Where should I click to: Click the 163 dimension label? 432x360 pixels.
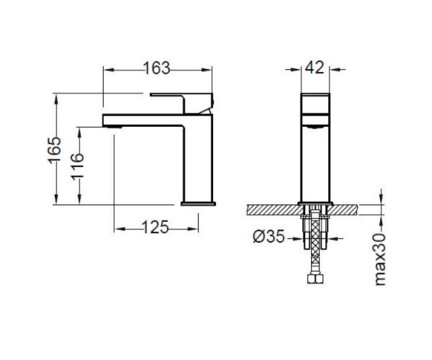point(157,68)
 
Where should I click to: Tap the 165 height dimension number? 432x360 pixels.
point(54,150)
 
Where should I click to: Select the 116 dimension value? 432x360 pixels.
point(78,166)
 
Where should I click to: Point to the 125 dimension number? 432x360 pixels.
point(156,228)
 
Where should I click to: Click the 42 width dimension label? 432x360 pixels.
point(315,67)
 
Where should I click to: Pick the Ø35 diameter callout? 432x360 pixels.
point(269,236)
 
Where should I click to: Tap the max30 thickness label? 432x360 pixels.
point(380,259)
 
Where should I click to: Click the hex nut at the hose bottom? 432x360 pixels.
point(315,279)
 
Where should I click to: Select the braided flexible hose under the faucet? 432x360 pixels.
point(315,243)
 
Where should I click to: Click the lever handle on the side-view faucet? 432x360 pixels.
point(182,103)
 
